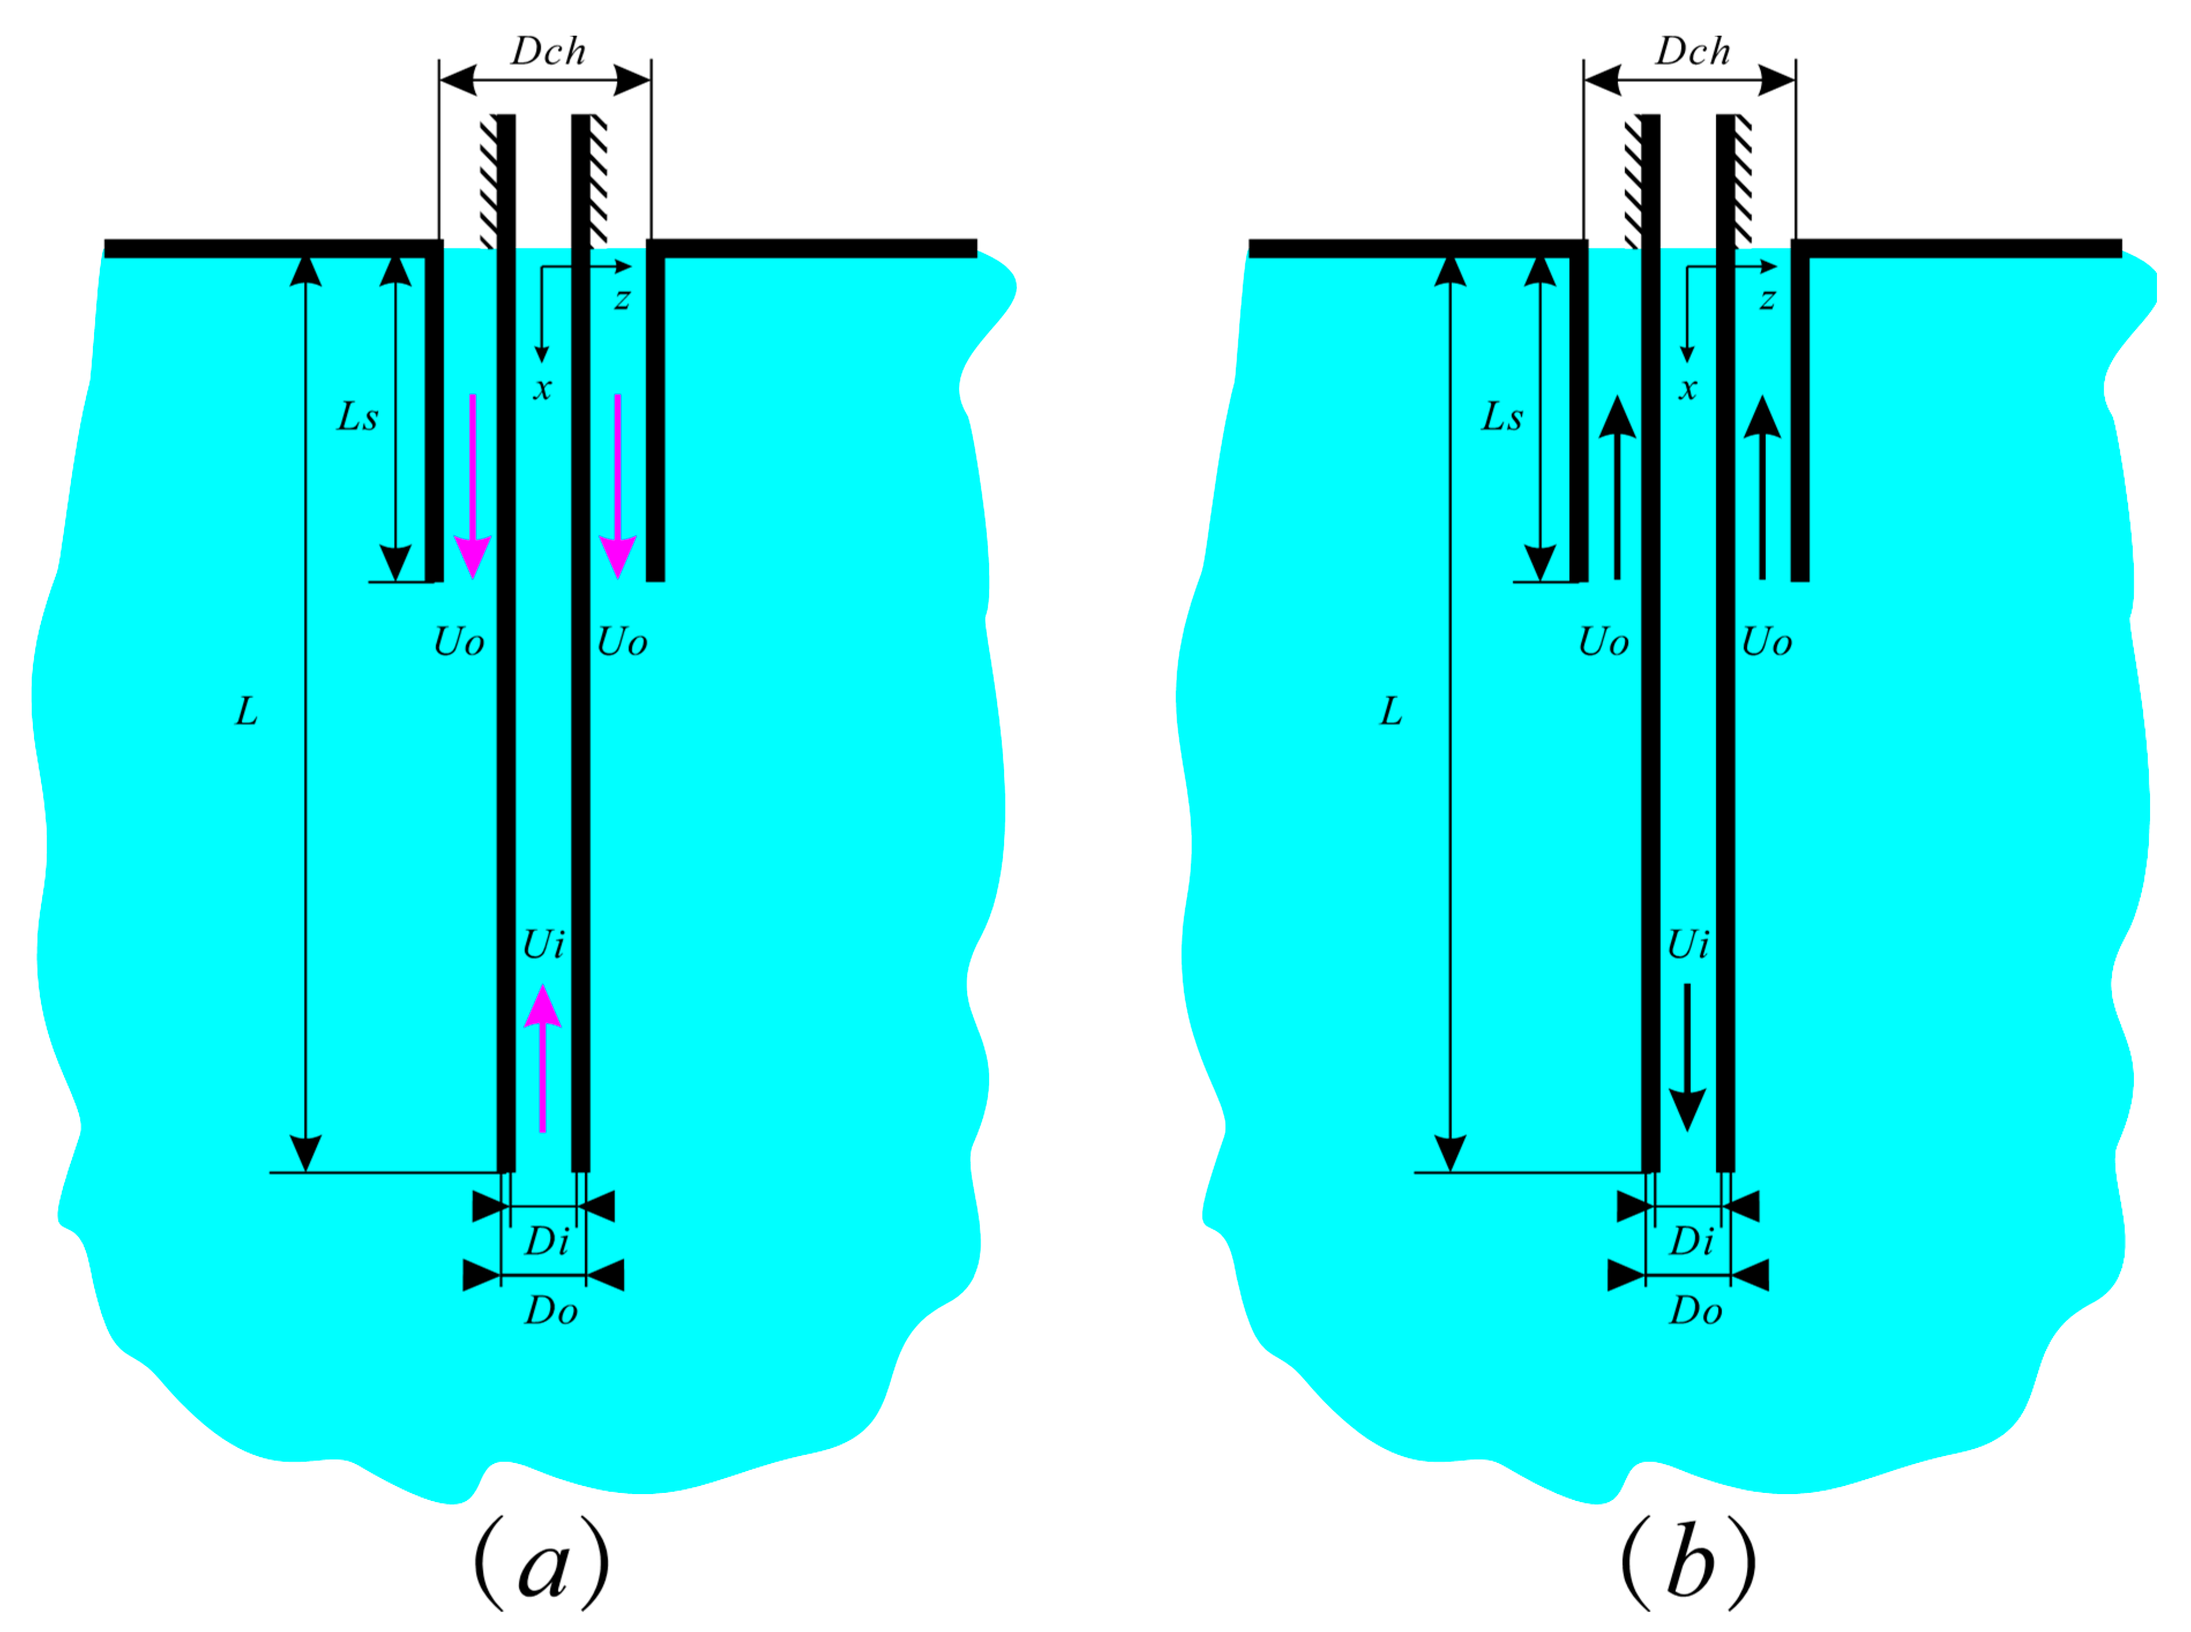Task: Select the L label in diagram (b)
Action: click(1390, 712)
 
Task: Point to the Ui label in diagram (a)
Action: click(544, 945)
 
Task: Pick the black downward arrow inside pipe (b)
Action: click(1687, 1057)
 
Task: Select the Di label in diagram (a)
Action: click(547, 1242)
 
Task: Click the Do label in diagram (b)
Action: click(1695, 1312)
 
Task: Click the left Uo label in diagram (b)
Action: click(1602, 643)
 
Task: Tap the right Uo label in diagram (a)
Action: click(622, 643)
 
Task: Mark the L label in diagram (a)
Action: click(246, 712)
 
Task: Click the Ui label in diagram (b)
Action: click(1688, 945)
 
